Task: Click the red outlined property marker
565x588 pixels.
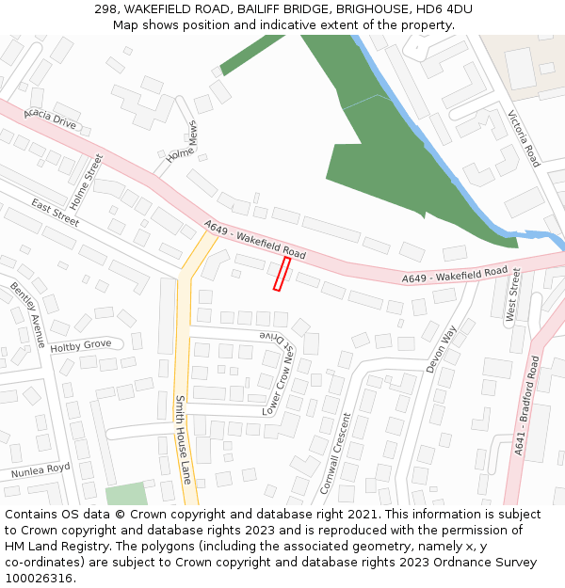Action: (282, 274)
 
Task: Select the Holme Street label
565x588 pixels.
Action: (85, 182)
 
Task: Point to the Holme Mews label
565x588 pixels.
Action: (182, 143)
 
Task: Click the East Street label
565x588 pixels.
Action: (56, 212)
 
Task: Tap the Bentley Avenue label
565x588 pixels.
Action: (27, 314)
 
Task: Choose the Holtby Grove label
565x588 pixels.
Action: (80, 345)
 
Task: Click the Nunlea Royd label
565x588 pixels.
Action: (40, 469)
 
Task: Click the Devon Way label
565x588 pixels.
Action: (440, 349)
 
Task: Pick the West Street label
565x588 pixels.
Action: (514, 294)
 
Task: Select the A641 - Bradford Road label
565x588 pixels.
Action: (525, 405)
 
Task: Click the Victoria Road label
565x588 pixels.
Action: (525, 138)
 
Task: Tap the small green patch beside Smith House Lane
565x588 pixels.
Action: (125, 494)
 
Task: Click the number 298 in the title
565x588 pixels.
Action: (105, 9)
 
